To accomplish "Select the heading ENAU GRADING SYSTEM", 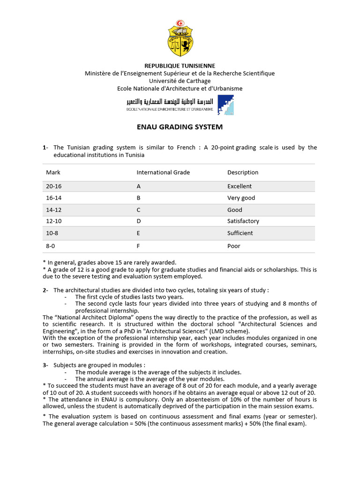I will point(180,127).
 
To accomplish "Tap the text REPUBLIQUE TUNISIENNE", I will point(180,66).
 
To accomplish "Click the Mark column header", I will point(53,172).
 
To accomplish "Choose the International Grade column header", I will point(163,172).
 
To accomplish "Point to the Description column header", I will point(243,172).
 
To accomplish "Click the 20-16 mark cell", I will point(54,186).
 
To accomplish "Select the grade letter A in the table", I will point(139,186).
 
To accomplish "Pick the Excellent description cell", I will point(240,186).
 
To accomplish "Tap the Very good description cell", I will point(241,198).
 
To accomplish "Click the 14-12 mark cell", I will point(54,210).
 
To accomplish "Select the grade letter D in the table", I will point(139,221).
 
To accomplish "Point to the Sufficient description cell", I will point(240,233).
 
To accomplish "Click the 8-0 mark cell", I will point(51,246).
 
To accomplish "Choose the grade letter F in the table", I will point(138,246).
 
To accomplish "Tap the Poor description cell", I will point(234,246).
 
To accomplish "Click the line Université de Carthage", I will point(180,81).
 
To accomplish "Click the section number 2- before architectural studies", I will point(45,290).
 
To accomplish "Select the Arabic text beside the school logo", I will point(170,101).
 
